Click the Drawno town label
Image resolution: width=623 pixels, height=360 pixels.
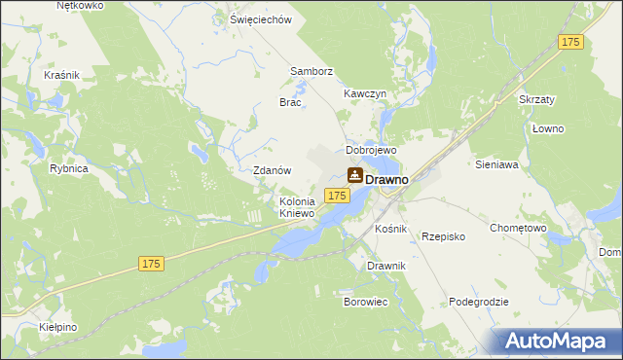386,180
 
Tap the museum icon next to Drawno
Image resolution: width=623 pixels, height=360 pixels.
355,175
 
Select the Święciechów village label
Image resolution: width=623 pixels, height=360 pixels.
260,19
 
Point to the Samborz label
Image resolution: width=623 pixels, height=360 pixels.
311,71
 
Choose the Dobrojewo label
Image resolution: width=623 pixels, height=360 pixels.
371,151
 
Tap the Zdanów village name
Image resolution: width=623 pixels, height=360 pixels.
273,169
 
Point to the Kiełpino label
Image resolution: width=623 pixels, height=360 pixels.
58,328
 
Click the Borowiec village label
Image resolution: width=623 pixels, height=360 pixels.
366,302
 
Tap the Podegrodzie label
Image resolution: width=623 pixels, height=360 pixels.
479,302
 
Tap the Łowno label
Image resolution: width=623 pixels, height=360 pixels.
549,128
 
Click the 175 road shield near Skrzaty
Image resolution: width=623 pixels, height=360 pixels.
570,42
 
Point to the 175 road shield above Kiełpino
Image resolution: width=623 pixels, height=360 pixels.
150,264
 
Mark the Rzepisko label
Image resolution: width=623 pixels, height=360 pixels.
443,236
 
